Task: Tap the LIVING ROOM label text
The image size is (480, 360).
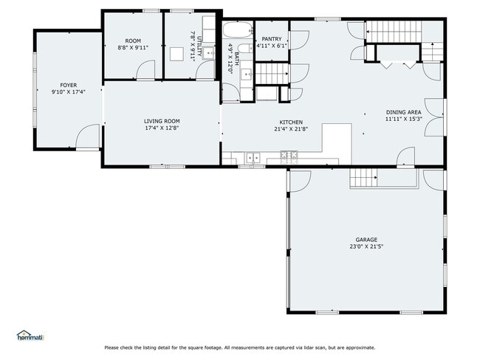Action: pos(162,121)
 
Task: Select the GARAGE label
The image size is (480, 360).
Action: pos(366,240)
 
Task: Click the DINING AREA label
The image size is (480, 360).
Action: pos(403,111)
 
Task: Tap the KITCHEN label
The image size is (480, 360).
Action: pos(290,122)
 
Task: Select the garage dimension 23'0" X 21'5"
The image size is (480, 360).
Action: pos(366,247)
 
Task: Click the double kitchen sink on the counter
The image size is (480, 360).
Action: pos(253,156)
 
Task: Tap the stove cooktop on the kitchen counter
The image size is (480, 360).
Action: pos(289,156)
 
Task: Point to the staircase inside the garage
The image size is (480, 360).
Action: pos(363,178)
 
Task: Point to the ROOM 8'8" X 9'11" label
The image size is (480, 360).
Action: pos(133,44)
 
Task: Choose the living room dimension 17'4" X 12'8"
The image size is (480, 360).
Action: pos(162,128)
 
